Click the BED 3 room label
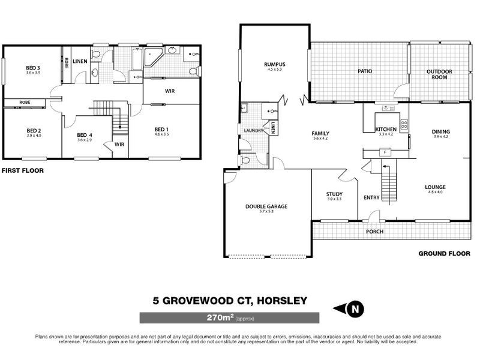[x=33, y=68]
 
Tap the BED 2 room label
[x=33, y=130]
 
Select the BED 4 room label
[x=85, y=135]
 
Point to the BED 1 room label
[x=162, y=130]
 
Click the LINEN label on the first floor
[x=80, y=61]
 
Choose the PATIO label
[x=365, y=71]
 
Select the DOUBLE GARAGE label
[x=266, y=206]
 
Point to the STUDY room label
[x=334, y=194]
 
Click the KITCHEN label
[x=385, y=130]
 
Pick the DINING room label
[x=441, y=132]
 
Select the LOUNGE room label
[x=437, y=187]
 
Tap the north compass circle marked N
[x=355, y=310]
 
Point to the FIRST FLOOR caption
[x=22, y=170]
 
